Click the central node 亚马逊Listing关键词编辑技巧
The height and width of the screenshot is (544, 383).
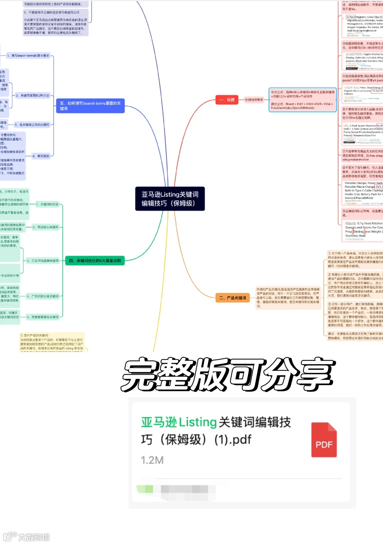click(x=170, y=199)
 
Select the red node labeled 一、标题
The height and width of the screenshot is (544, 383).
click(x=227, y=100)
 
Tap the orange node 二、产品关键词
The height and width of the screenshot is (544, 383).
click(x=232, y=298)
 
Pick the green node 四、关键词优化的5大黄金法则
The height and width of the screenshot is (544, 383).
click(x=95, y=261)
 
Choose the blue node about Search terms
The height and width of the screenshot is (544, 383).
click(x=90, y=106)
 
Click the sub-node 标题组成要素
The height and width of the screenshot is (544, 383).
click(x=254, y=100)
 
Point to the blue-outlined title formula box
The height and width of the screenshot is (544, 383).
click(x=302, y=100)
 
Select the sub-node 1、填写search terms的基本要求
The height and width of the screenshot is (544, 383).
click(x=28, y=56)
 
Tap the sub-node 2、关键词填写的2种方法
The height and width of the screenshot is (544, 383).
click(x=32, y=96)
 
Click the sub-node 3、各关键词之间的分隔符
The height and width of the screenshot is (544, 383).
click(x=32, y=125)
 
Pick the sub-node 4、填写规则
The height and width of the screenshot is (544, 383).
click(x=41, y=156)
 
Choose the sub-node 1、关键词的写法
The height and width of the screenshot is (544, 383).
click(x=47, y=204)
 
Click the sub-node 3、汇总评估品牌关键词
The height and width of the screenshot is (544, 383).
click(x=43, y=261)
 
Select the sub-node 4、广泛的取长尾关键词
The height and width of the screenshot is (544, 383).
click(x=43, y=296)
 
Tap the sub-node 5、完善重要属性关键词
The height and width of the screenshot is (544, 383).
click(x=43, y=317)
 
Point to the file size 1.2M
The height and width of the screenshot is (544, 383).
click(x=152, y=460)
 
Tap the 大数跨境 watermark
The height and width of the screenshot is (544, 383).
click(x=27, y=537)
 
